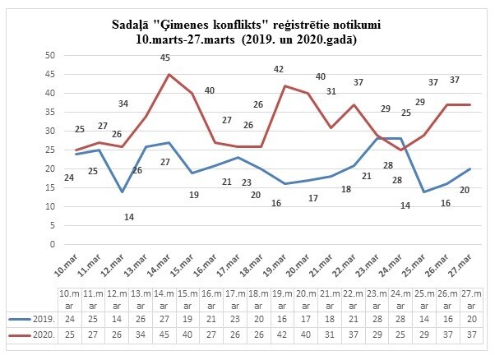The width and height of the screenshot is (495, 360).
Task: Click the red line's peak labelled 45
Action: pyautogui.click(x=169, y=75)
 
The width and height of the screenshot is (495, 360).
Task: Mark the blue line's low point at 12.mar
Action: pyautogui.click(x=121, y=192)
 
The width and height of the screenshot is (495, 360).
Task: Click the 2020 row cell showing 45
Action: pyautogui.click(x=164, y=335)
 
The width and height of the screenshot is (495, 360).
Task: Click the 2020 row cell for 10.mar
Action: pyautogui.click(x=69, y=335)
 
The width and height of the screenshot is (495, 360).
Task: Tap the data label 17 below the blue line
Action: pyautogui.click(x=312, y=198)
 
